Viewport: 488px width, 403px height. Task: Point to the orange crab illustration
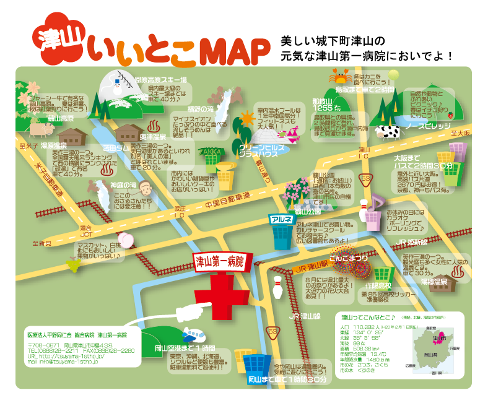coord(340,77)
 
